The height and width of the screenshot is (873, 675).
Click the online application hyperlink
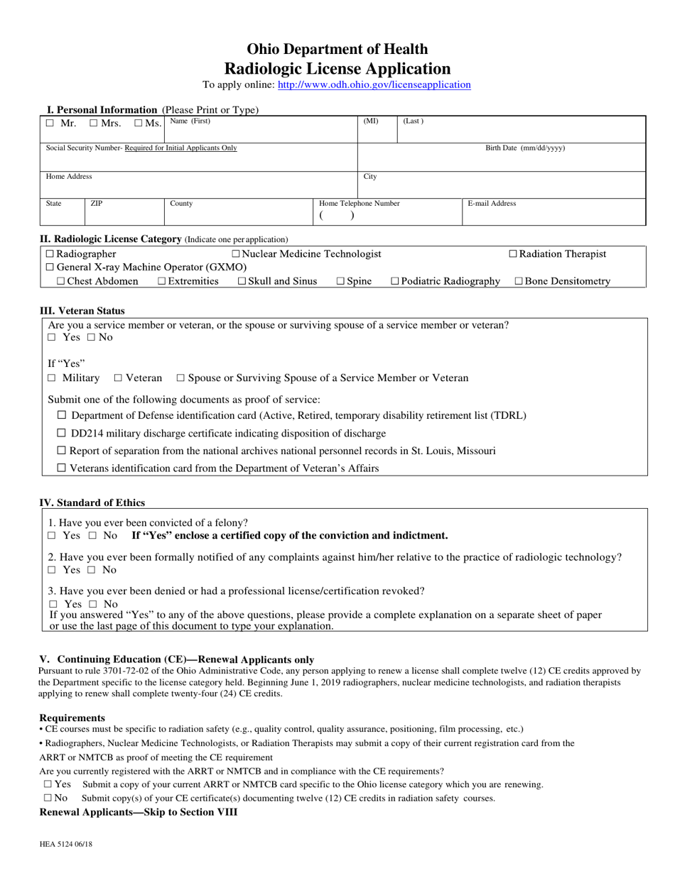pyautogui.click(x=374, y=84)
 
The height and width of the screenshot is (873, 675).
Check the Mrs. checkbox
pyautogui.click(x=94, y=123)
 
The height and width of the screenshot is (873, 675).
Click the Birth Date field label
pyautogui.click(x=525, y=148)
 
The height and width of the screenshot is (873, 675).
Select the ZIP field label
pyautogui.click(x=97, y=204)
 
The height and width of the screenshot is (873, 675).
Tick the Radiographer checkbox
pyautogui.click(x=50, y=254)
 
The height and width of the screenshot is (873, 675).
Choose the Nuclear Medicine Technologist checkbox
pyautogui.click(x=236, y=254)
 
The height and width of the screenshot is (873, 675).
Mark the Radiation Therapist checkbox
pyautogui.click(x=513, y=254)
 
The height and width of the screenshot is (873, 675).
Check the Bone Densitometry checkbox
pyautogui.click(x=519, y=282)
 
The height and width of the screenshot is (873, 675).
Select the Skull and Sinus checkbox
pyautogui.click(x=242, y=282)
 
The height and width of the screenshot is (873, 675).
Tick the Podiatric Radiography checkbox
pyautogui.click(x=395, y=282)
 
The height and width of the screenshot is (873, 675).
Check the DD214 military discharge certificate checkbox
pyautogui.click(x=62, y=433)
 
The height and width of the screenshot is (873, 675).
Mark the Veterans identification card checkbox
pyautogui.click(x=62, y=468)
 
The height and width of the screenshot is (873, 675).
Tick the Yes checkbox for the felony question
pyautogui.click(x=51, y=536)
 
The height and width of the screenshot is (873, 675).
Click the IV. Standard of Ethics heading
pyautogui.click(x=92, y=503)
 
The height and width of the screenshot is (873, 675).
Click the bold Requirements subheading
pyautogui.click(x=72, y=718)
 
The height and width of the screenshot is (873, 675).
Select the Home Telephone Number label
pyautogui.click(x=360, y=204)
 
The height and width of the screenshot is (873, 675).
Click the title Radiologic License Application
pyautogui.click(x=337, y=69)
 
